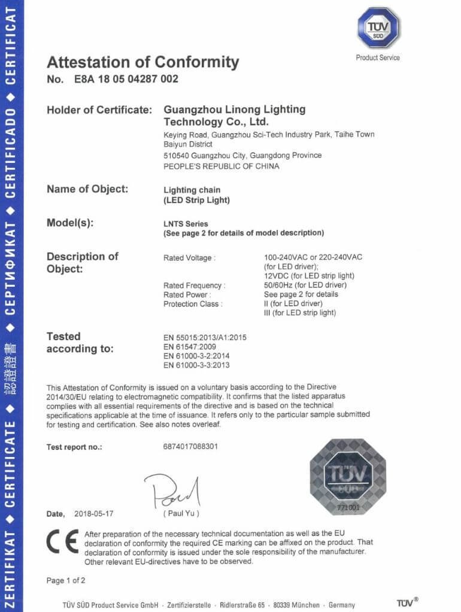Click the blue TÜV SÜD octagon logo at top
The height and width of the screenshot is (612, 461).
tap(378, 28)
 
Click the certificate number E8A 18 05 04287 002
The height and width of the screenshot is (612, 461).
tap(126, 79)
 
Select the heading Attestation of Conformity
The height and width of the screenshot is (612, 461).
tap(142, 62)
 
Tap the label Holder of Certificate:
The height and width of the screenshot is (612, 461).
tap(98, 110)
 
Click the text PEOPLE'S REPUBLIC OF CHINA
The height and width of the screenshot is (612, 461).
tap(221, 166)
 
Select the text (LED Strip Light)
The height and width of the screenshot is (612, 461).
tap(196, 200)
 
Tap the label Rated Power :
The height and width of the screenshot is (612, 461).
tap(187, 295)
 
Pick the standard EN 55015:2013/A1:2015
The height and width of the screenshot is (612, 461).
tap(205, 338)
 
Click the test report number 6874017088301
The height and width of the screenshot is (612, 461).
tap(190, 447)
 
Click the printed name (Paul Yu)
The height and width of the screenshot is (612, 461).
tap(181, 514)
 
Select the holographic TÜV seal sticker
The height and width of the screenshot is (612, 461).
tap(348, 477)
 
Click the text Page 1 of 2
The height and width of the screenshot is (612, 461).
tap(66, 580)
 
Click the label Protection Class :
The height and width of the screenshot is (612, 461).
tap(193, 304)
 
